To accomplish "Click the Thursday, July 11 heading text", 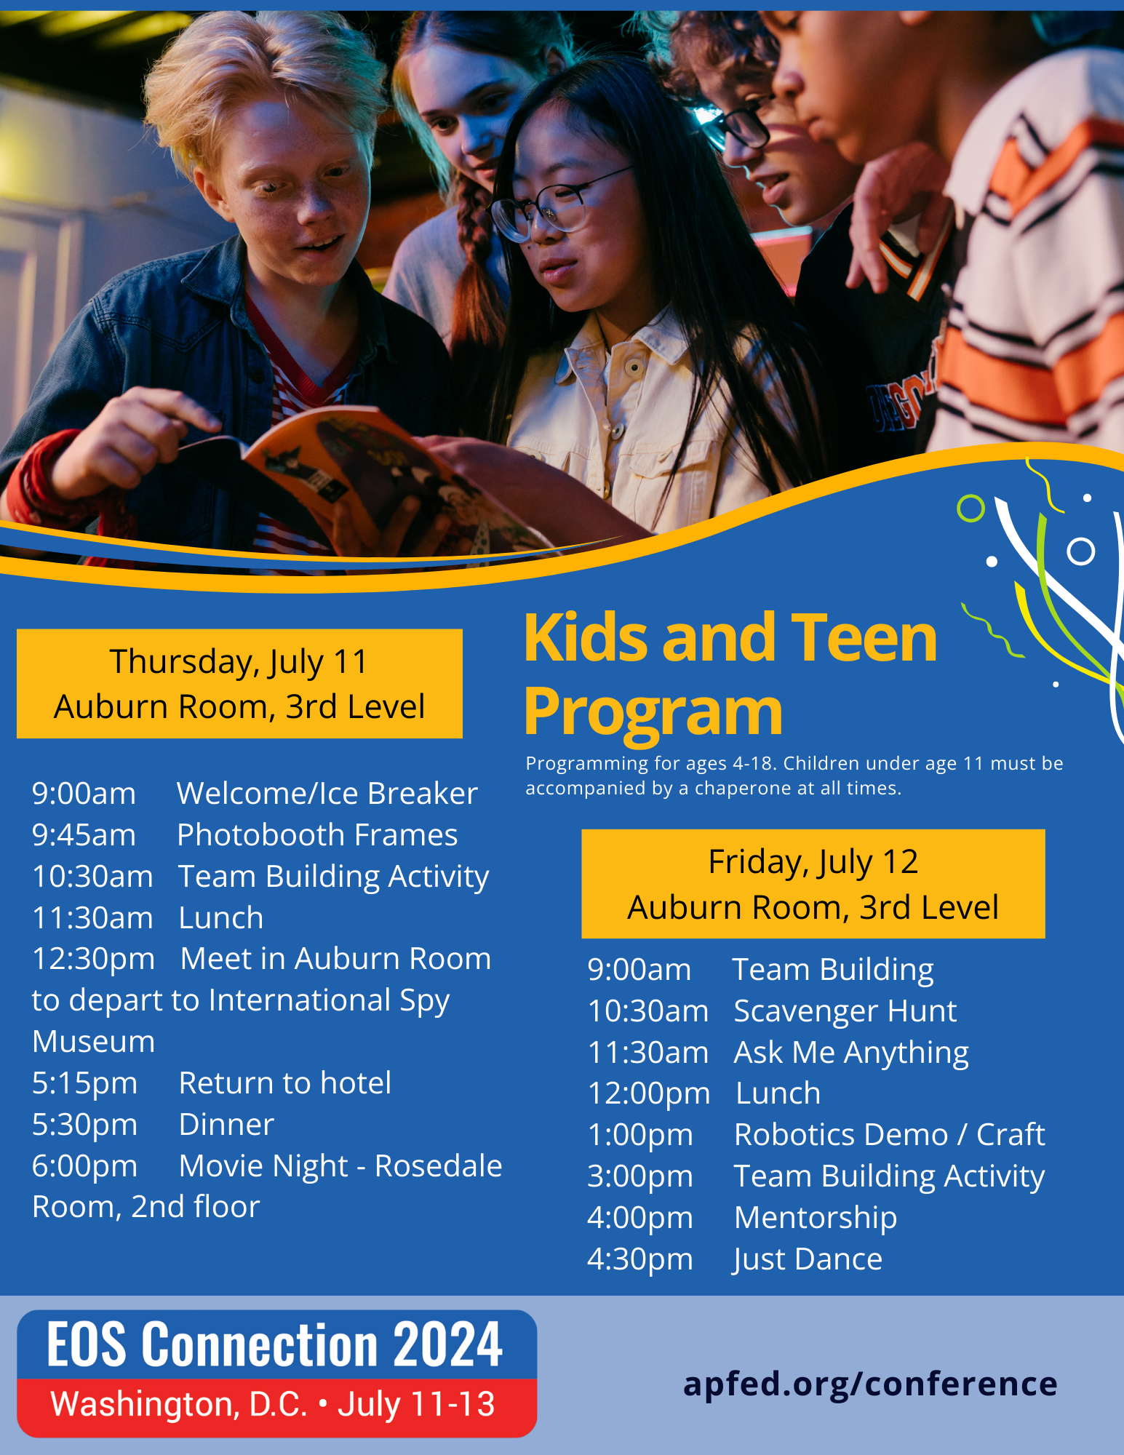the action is coord(239,662).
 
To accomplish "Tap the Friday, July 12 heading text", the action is coord(813,862).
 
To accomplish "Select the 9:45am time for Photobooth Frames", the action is coord(84,835).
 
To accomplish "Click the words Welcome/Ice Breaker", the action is coord(327,793).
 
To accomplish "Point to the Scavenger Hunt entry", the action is coord(845,1011).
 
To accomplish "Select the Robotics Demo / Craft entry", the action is coord(890,1135).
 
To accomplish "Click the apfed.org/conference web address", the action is coord(870,1384).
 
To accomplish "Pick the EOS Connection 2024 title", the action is coord(275,1344).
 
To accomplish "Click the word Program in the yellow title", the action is coord(653,713).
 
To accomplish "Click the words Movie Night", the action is coord(263,1166).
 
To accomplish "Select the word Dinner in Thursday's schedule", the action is coord(226,1125).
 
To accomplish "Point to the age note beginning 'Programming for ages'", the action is coord(794,776).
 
